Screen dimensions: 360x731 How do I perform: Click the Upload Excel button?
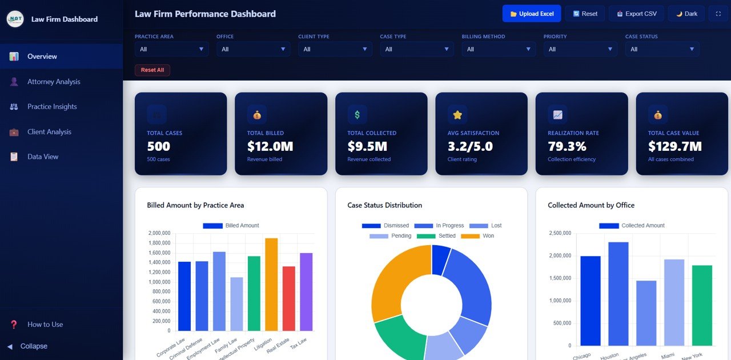pyautogui.click(x=531, y=14)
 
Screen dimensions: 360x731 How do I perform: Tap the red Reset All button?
pyautogui.click(x=152, y=70)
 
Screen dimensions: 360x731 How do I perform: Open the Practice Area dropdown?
pyautogui.click(x=171, y=49)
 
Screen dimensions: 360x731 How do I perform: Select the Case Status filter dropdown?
pyautogui.click(x=662, y=49)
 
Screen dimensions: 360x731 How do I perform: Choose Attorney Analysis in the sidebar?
pyautogui.click(x=54, y=82)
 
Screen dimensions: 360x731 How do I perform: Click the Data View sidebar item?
pyautogui.click(x=43, y=157)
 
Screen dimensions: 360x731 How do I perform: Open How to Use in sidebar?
pyautogui.click(x=45, y=325)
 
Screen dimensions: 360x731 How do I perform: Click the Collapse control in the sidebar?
pyautogui.click(x=34, y=346)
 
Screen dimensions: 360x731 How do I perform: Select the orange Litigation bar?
pyautogui.click(x=271, y=285)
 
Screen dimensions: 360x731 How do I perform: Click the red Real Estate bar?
pyautogui.click(x=289, y=298)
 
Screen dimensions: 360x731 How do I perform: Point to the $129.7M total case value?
pyautogui.click(x=674, y=147)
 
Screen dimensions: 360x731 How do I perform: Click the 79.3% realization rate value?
pyautogui.click(x=567, y=147)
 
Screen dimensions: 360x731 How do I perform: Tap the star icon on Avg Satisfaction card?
pyautogui.click(x=457, y=115)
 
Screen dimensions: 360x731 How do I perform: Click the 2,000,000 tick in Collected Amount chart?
pyautogui.click(x=560, y=256)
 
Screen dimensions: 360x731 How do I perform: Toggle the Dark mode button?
pyautogui.click(x=686, y=14)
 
